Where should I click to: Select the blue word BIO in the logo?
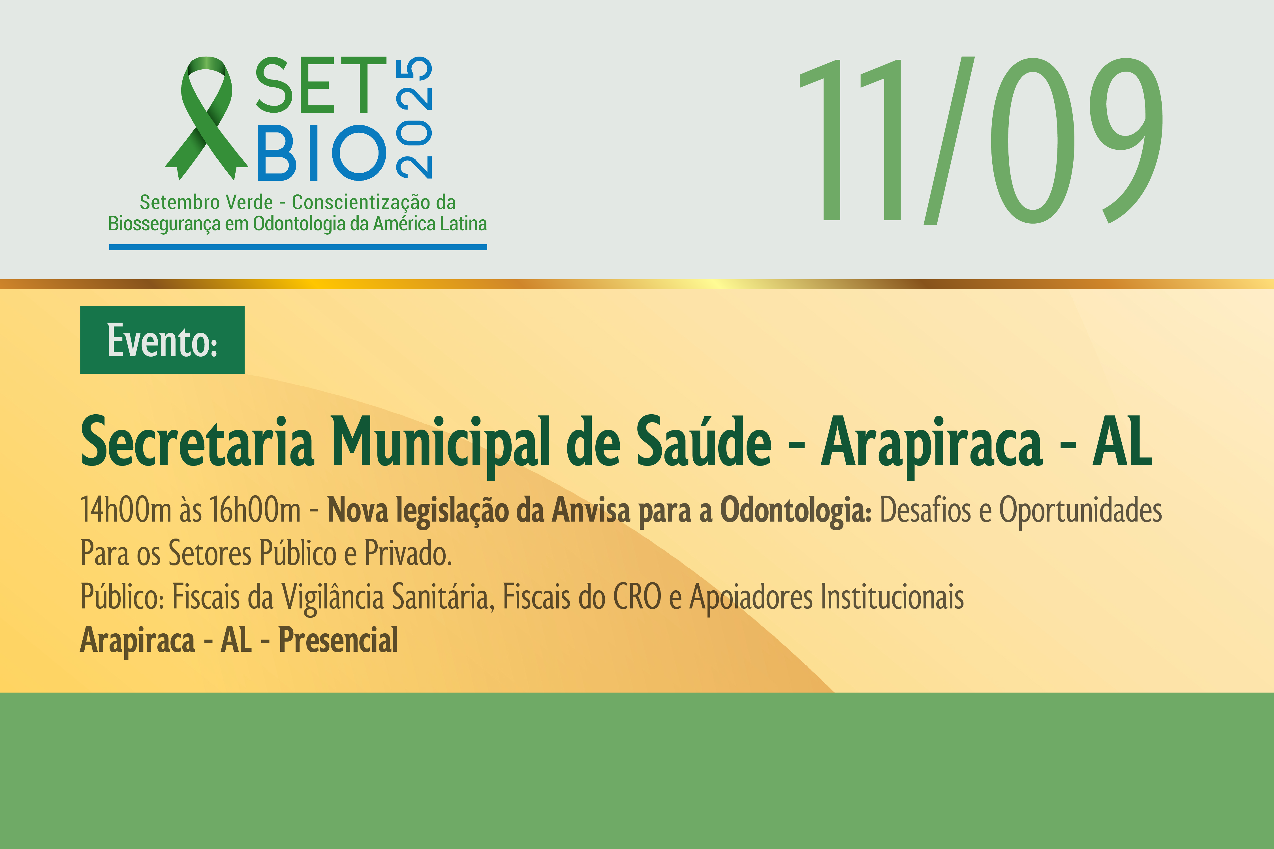click(x=322, y=153)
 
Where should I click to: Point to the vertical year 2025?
click(x=414, y=117)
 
